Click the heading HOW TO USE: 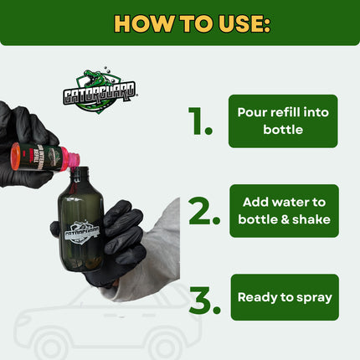point(180,23)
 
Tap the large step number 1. point(201,122)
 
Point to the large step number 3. point(204,301)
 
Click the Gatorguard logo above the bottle point(100,90)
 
